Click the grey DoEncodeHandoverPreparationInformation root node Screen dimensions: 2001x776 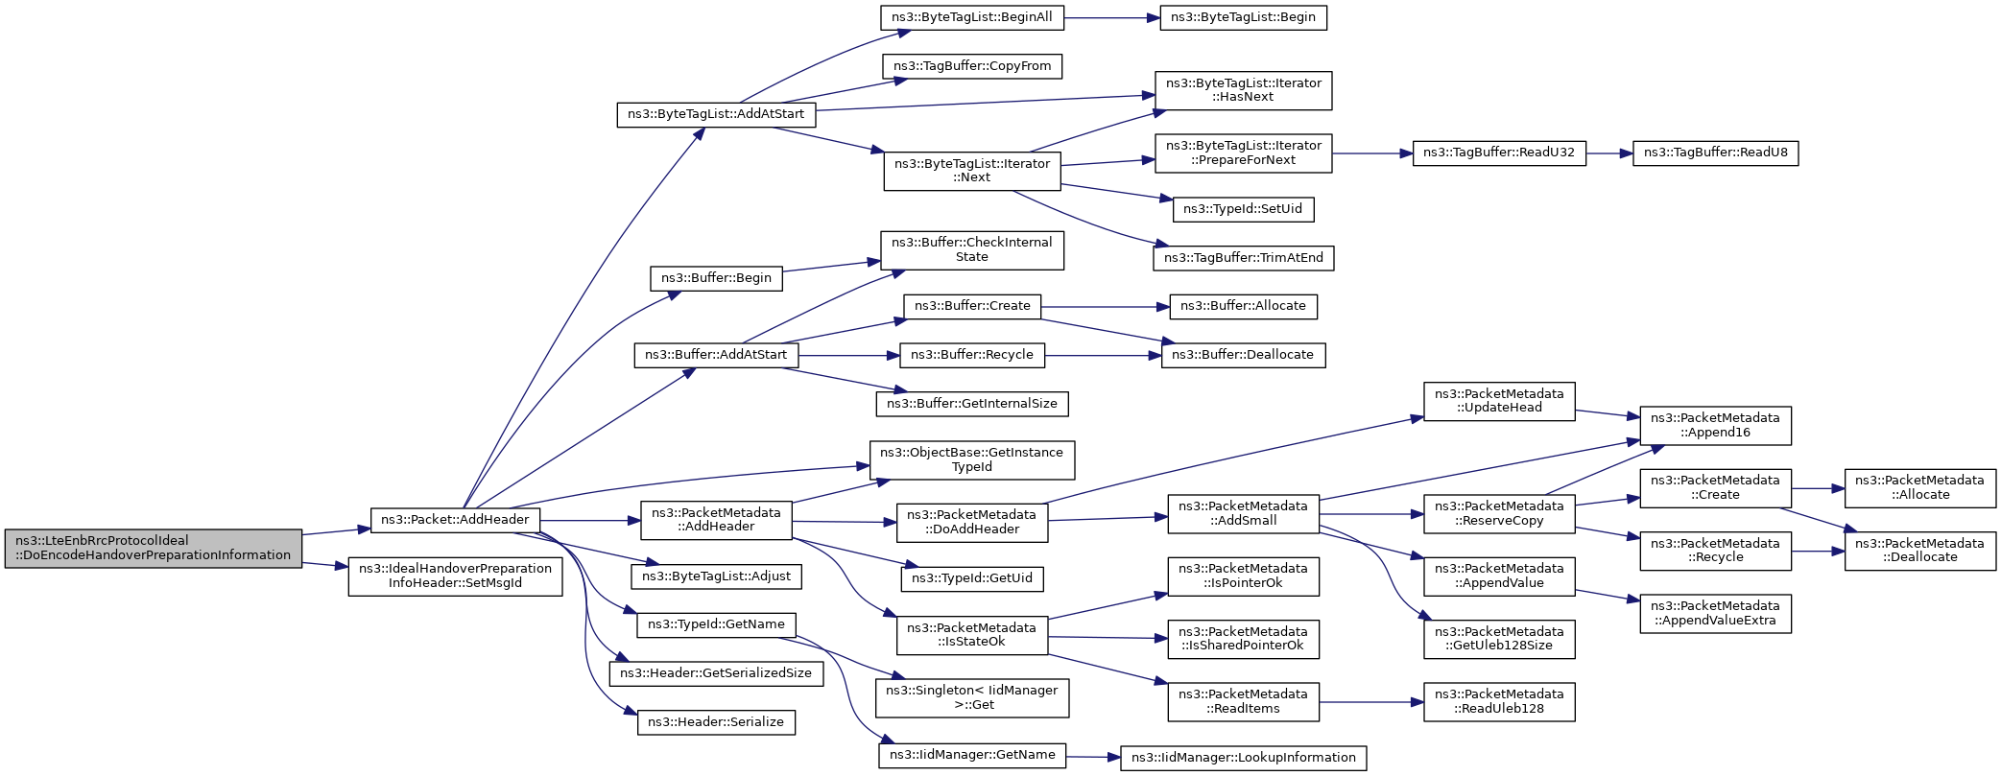click(x=154, y=548)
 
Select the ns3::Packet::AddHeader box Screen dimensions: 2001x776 click(x=455, y=520)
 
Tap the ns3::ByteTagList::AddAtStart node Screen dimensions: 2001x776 click(x=716, y=114)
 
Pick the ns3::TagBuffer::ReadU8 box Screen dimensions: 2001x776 click(x=1716, y=153)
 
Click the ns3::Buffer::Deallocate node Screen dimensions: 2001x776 click(x=1243, y=355)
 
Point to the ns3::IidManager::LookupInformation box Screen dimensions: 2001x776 click(x=1244, y=758)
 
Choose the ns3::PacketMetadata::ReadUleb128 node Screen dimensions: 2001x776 click(x=1499, y=702)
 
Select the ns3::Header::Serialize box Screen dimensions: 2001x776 click(x=716, y=722)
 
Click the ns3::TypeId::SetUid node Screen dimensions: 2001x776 click(x=1243, y=209)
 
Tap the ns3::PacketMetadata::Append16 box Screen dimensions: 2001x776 click(x=1716, y=426)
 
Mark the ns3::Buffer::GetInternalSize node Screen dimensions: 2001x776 click(x=972, y=404)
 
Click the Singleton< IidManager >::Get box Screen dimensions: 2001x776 click(x=972, y=697)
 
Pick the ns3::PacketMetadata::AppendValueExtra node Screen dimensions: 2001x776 click(x=1716, y=614)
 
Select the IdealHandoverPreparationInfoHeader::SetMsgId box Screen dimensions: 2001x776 click(x=455, y=576)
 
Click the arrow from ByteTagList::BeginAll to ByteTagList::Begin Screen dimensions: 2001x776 click(x=1111, y=17)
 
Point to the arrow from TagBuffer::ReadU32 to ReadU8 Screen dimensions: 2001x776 click(x=1609, y=153)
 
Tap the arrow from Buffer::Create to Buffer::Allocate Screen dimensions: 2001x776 click(x=1105, y=307)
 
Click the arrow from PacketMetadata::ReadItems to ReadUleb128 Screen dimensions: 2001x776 click(x=1371, y=702)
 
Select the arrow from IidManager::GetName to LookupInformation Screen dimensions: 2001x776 click(x=1093, y=757)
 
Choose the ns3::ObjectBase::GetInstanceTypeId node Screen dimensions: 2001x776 click(x=972, y=460)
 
